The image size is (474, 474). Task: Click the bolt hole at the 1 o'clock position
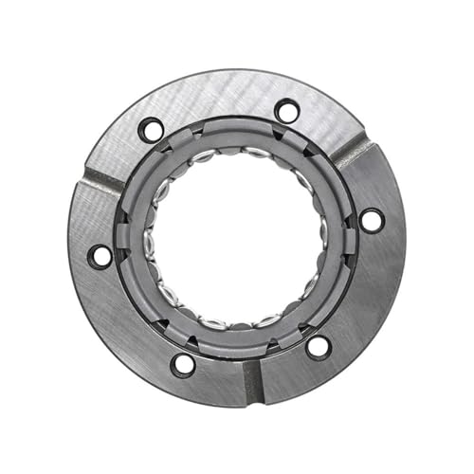[x=286, y=111]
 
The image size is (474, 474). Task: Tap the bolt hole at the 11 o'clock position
[x=150, y=129]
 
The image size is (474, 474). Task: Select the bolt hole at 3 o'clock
[x=372, y=220]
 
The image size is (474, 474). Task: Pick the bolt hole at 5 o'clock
[x=319, y=346]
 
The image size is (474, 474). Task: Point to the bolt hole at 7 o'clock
[x=183, y=363]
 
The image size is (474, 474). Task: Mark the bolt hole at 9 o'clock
[x=100, y=255]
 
